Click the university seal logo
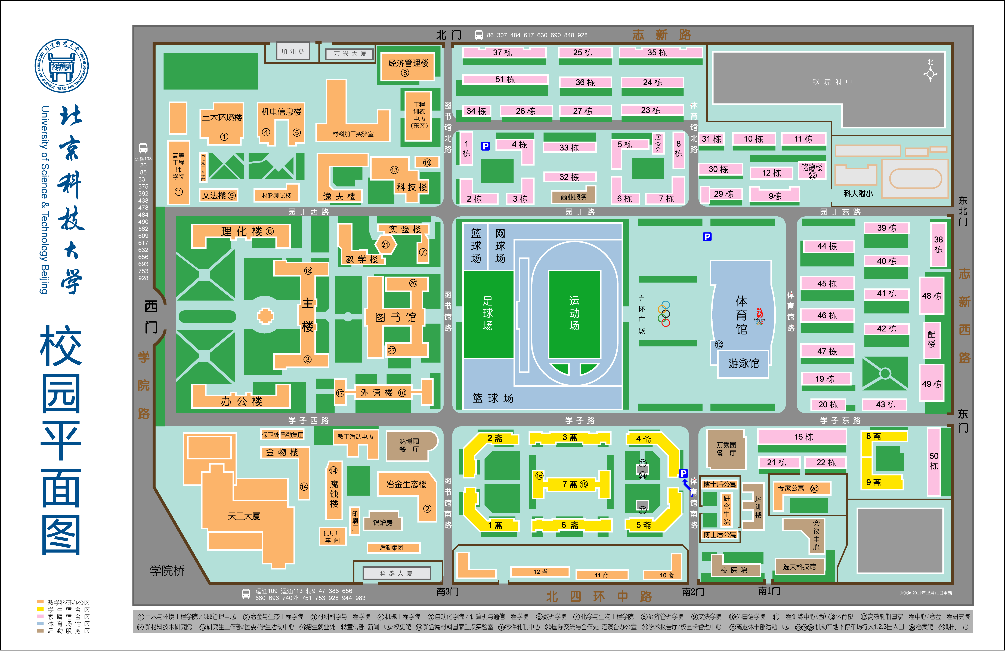click(x=62, y=66)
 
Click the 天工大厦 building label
click(x=244, y=516)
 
